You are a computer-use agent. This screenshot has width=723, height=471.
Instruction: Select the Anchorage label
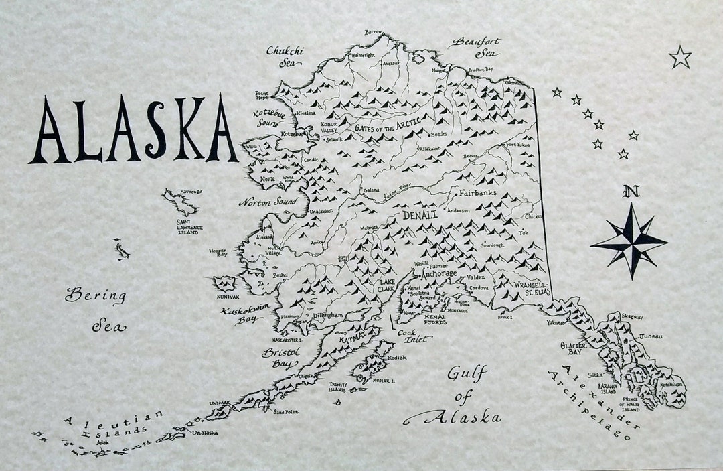pyautogui.click(x=438, y=274)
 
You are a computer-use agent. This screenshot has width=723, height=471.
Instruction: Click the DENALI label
pyautogui.click(x=420, y=215)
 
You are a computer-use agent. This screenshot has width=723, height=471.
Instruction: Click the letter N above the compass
pyautogui.click(x=630, y=192)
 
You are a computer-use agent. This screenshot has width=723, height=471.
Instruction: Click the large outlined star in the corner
pyautogui.click(x=680, y=58)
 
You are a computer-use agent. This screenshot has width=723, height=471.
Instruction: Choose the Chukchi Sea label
pyautogui.click(x=285, y=56)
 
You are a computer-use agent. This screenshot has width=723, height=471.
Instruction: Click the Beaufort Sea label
pyautogui.click(x=476, y=47)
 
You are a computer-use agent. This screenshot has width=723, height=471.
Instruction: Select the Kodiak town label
pyautogui.click(x=397, y=357)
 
